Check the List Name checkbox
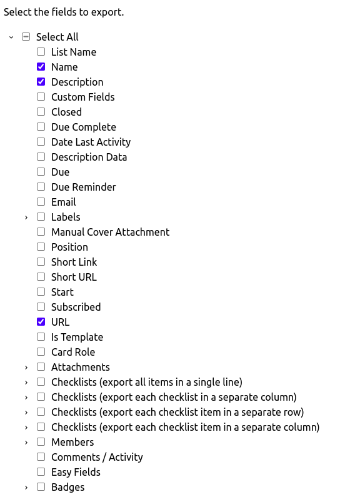[x=41, y=52]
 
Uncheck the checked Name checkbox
[x=41, y=66]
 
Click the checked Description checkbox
[x=41, y=82]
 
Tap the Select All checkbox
[x=26, y=37]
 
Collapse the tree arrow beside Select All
[x=11, y=37]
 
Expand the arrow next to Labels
[x=26, y=218]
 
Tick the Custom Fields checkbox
[x=41, y=97]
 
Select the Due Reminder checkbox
[x=41, y=187]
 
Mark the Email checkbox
[x=41, y=201]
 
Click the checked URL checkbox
[x=41, y=322]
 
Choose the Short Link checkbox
[x=41, y=262]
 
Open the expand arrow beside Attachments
[x=26, y=368]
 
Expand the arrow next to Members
[x=26, y=443]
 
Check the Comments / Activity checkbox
[x=41, y=457]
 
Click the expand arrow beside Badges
[x=26, y=488]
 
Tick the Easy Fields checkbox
[x=41, y=471]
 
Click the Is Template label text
[x=77, y=337]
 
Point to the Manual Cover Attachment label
[x=110, y=232]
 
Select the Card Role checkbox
[x=41, y=352]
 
